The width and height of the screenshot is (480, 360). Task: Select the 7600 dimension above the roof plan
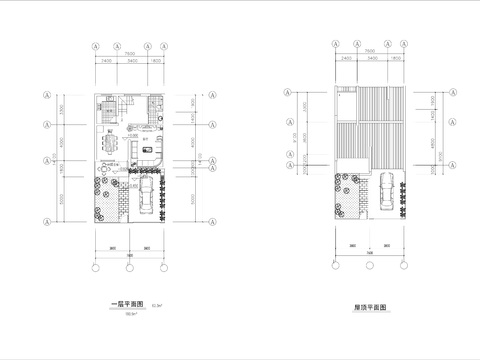(370, 52)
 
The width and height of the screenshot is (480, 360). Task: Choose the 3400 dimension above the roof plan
(370, 60)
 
